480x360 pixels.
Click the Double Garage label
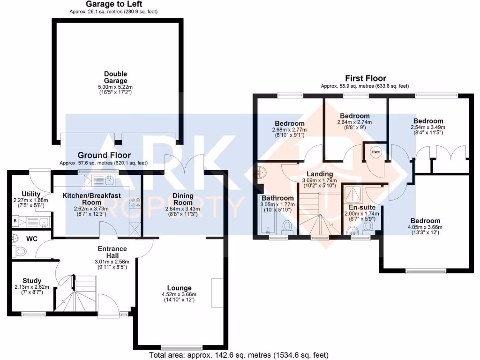(x=115, y=77)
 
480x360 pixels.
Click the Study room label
(x=31, y=281)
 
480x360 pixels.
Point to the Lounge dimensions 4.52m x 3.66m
(x=179, y=294)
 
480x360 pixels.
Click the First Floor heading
(x=366, y=78)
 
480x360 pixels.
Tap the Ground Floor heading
(x=104, y=155)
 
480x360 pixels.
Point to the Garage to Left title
(x=114, y=4)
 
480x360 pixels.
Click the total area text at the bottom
(x=238, y=355)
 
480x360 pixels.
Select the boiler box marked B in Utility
(x=15, y=220)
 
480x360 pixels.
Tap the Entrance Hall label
(x=112, y=252)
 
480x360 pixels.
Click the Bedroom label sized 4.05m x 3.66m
(x=425, y=221)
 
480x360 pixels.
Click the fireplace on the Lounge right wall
(x=217, y=293)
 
